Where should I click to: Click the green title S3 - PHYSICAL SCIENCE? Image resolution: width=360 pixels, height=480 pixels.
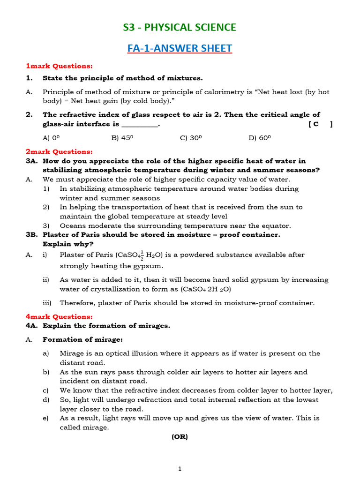180,28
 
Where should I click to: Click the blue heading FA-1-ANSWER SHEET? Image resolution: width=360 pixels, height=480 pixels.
180,48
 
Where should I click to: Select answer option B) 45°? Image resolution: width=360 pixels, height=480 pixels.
122,138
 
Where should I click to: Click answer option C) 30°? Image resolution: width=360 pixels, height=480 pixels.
191,138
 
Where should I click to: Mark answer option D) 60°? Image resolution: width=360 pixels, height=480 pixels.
260,138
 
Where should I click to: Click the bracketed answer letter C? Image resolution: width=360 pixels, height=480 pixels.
316,124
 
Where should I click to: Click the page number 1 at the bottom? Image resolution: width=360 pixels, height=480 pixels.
180,468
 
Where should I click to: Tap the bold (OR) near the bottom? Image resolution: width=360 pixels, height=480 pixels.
180,436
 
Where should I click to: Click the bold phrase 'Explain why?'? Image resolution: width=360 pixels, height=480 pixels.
68,244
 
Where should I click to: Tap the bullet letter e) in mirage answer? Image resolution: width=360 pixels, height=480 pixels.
45,418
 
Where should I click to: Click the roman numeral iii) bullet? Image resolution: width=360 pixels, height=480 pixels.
47,303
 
